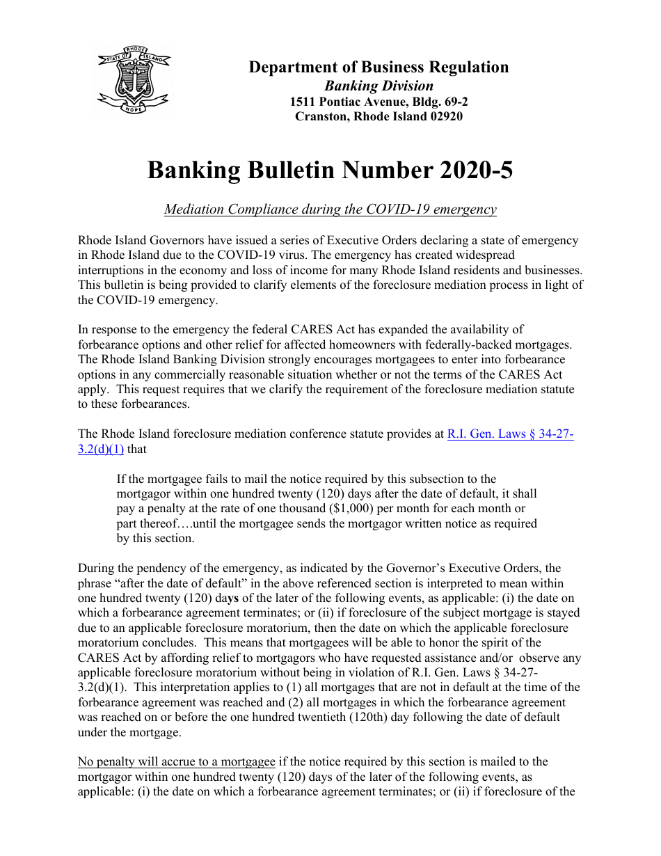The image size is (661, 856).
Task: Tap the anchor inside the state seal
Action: point(133,81)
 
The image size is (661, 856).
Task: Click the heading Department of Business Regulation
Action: point(379,68)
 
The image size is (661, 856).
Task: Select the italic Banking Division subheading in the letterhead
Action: point(379,86)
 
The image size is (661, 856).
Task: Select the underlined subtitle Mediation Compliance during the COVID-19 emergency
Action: point(330,209)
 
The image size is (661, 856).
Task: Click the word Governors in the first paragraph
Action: point(178,241)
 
